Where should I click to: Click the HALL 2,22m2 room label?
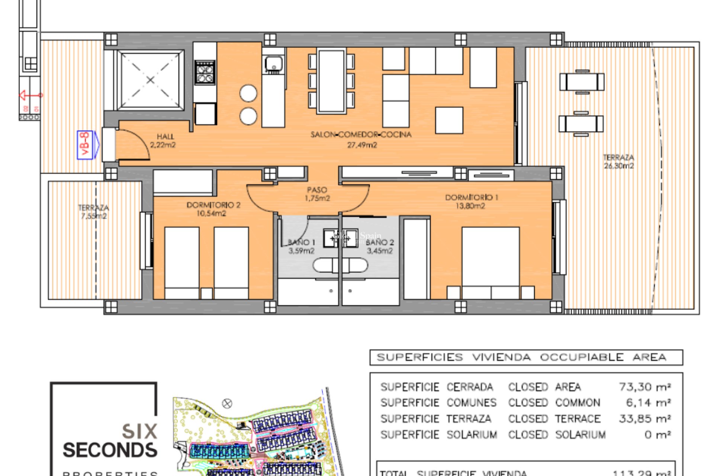pos(163,141)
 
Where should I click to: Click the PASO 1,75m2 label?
pos(317,194)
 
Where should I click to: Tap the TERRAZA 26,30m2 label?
pos(618,161)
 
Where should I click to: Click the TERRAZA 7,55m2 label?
pos(94,212)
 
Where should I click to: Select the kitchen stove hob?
pos(205,73)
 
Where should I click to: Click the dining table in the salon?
pos(331,81)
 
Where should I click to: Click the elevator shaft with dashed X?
pos(150,80)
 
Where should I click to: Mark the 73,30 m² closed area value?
pos(645,387)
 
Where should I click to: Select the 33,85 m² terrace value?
pos(645,419)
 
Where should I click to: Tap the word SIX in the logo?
pos(139,431)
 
